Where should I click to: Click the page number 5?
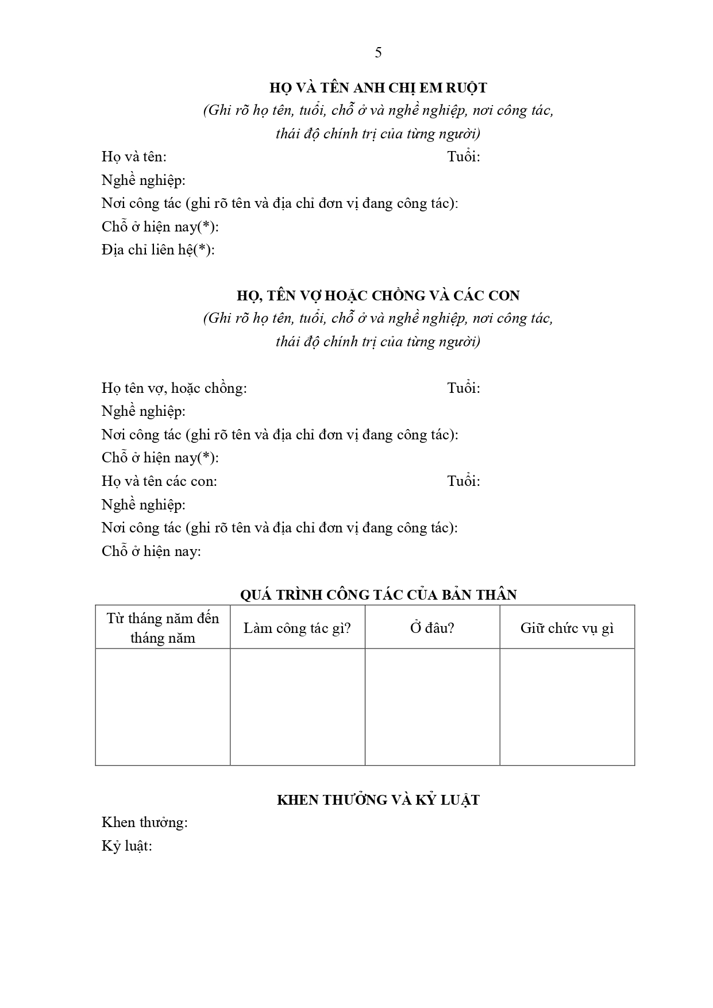[x=378, y=53]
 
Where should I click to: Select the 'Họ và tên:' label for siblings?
[x=134, y=157]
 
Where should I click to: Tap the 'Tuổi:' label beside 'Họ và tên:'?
[x=464, y=157]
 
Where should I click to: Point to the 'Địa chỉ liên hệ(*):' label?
[x=158, y=250]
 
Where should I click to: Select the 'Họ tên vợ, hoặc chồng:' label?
[x=174, y=388]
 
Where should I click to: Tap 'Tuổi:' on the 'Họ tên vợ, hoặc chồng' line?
[x=464, y=388]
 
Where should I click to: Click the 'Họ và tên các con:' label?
[x=159, y=481]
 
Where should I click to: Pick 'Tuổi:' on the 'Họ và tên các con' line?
[x=464, y=481]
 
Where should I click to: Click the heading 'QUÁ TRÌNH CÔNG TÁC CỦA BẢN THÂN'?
[x=378, y=594]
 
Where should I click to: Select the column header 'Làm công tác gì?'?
[x=297, y=628]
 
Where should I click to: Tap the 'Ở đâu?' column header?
[x=432, y=628]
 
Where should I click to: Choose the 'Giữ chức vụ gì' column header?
[x=567, y=628]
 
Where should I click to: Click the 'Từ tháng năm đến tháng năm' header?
[x=163, y=628]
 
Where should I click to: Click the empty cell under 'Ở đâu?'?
[x=432, y=706]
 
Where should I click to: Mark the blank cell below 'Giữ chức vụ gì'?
[x=567, y=706]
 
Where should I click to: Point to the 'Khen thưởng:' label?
[x=145, y=822]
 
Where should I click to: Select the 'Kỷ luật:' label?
[x=127, y=846]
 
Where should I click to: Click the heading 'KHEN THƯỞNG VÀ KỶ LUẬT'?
[x=378, y=800]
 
